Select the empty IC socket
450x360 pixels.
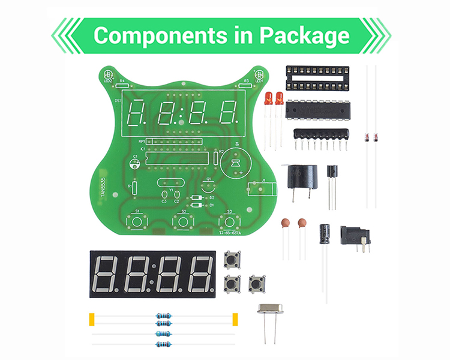click(x=317, y=78)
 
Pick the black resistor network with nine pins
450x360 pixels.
click(x=321, y=136)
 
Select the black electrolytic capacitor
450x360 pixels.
click(x=325, y=233)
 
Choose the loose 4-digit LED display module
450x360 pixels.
click(x=154, y=274)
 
